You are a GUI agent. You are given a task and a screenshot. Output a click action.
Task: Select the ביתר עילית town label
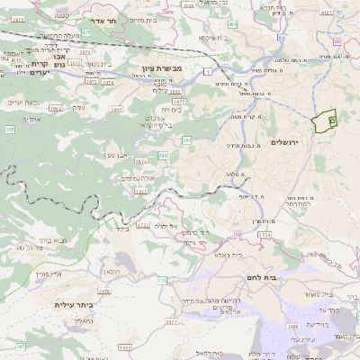coord(74,305)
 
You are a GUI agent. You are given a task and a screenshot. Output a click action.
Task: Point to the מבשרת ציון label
coord(161,69)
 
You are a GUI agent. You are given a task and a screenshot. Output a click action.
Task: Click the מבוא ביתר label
coord(53,240)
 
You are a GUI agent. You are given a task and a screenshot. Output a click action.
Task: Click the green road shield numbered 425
coord(85,32)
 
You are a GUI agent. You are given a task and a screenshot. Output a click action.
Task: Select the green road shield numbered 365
coord(10,130)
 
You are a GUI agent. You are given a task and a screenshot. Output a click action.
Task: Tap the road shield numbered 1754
coord(265,234)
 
